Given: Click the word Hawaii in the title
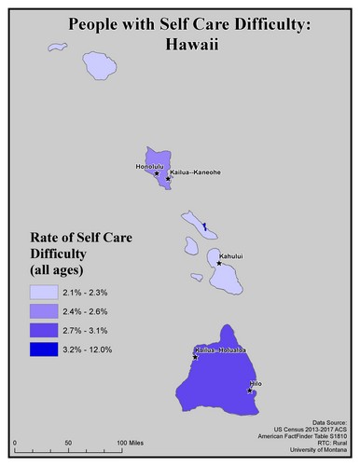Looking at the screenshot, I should click(x=180, y=42).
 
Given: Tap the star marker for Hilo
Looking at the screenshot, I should click(x=251, y=391).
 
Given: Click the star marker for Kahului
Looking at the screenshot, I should click(x=219, y=264).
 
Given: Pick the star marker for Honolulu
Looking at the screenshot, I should click(x=156, y=173).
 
